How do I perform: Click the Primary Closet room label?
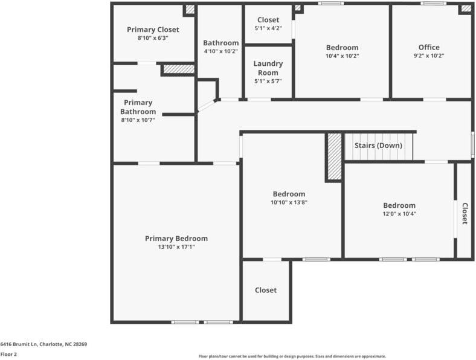click(x=153, y=30)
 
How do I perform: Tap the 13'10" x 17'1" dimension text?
click(x=176, y=246)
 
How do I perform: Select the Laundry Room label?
click(x=268, y=68)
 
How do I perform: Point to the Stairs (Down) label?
click(x=378, y=146)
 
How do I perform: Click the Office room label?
click(x=429, y=47)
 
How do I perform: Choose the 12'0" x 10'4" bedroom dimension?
click(x=399, y=213)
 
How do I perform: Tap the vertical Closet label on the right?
click(x=465, y=213)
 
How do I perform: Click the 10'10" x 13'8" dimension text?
click(x=289, y=202)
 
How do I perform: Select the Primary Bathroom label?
click(x=138, y=107)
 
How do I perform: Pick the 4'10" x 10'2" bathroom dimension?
click(x=220, y=51)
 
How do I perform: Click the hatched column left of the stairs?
click(x=334, y=156)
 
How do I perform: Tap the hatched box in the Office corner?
click(x=465, y=8)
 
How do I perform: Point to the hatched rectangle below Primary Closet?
click(x=178, y=69)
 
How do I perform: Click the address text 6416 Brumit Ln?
click(x=43, y=344)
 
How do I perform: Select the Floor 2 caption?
click(x=8, y=355)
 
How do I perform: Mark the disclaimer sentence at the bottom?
click(x=292, y=356)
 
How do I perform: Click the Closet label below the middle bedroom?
click(x=266, y=290)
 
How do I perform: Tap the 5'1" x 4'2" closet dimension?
click(x=268, y=28)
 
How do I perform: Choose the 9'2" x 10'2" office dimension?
click(x=429, y=56)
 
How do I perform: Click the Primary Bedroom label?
click(x=176, y=239)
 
